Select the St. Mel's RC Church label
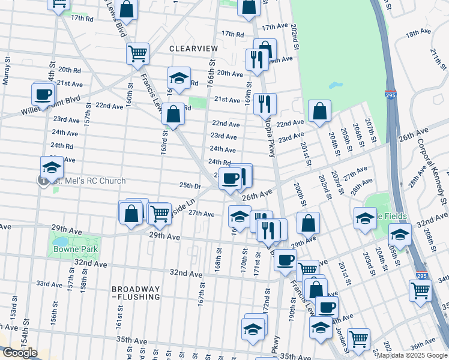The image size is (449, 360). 89,181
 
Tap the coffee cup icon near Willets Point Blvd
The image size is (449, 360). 43,94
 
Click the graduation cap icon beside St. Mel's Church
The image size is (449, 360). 52,167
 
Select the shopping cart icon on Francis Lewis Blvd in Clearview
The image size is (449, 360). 138,53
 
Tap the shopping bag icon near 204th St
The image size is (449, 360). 320,111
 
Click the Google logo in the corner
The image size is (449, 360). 20,353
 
